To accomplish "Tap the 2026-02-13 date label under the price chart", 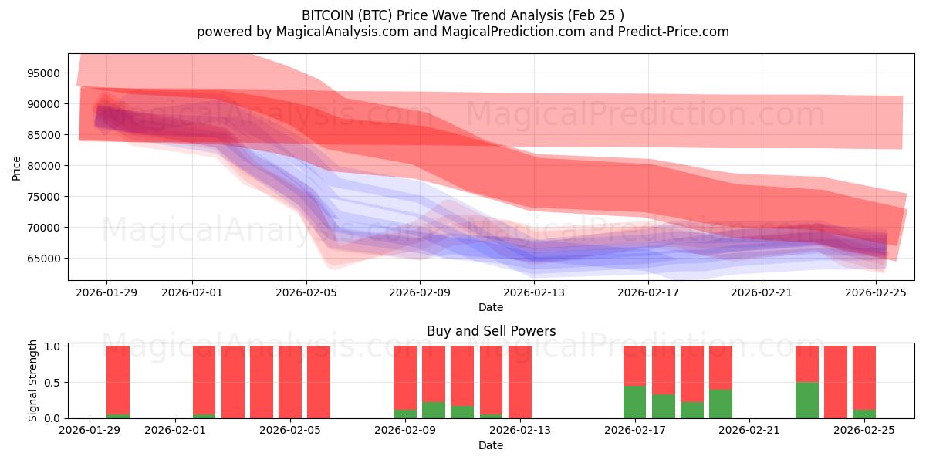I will click(x=534, y=292).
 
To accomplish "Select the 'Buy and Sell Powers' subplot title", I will click(x=491, y=331).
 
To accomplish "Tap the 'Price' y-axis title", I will click(x=17, y=167).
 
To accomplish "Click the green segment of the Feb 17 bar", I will click(x=634, y=402).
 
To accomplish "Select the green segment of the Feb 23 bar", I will click(x=806, y=400).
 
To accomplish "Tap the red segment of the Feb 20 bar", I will click(x=720, y=367).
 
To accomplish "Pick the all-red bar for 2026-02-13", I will click(x=520, y=382).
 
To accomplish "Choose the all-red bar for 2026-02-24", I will click(x=835, y=382).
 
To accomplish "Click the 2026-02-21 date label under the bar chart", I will click(x=749, y=431).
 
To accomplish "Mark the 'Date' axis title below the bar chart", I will click(x=491, y=445).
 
